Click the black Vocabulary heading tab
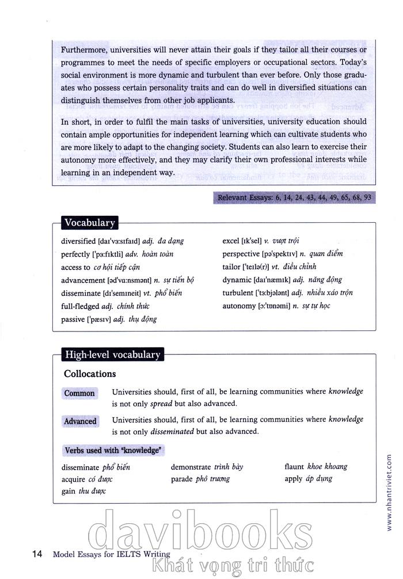(89, 223)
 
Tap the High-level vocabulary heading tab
(112, 355)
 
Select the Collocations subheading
(90, 374)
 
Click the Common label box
(79, 394)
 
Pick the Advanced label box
(80, 421)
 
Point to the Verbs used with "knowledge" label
(112, 450)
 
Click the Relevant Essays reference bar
(294, 198)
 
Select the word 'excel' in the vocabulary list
(231, 241)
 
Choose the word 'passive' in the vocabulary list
(74, 319)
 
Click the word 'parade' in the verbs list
(182, 479)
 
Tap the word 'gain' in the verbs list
(69, 491)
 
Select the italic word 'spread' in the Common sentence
(161, 404)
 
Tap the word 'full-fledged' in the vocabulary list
(79, 306)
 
